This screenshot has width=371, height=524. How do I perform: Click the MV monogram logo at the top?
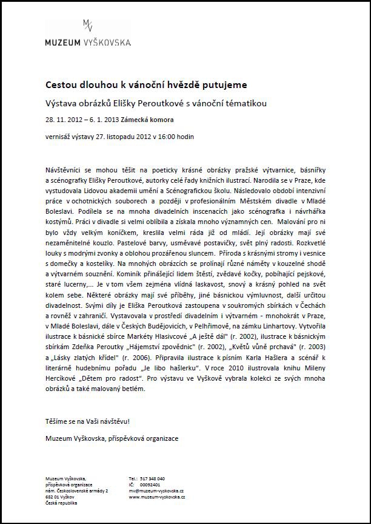tap(88, 26)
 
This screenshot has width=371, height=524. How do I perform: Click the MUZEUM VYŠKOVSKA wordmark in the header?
tap(88, 43)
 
